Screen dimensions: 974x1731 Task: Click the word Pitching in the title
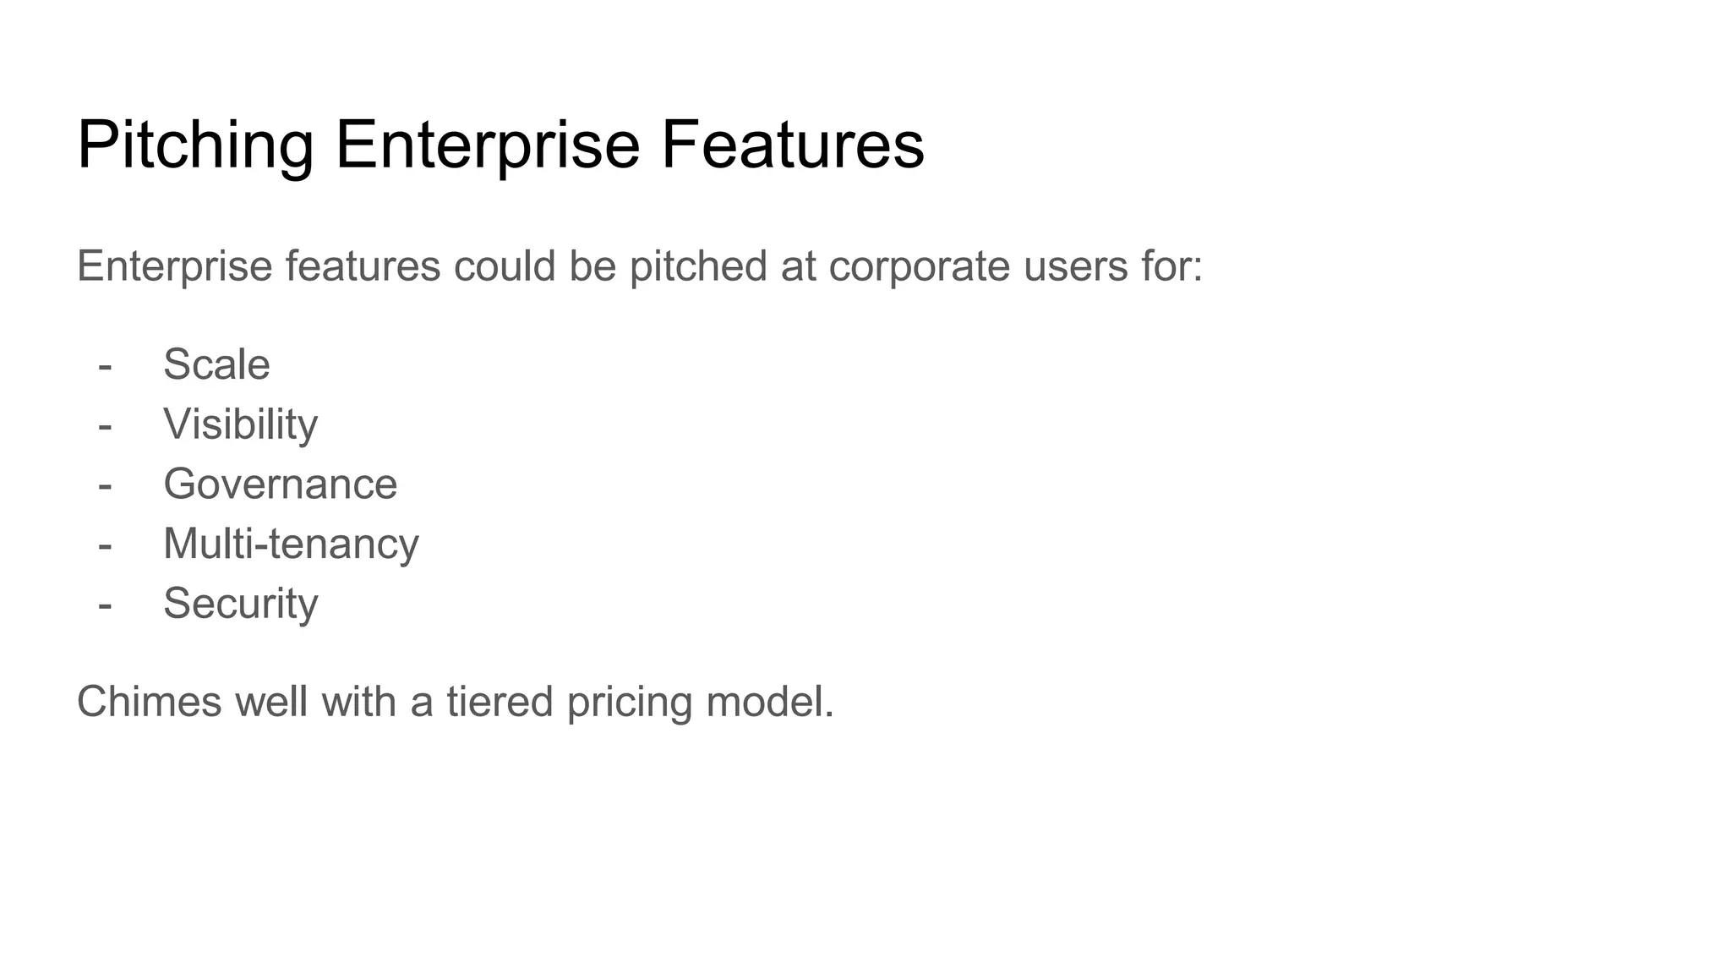195,145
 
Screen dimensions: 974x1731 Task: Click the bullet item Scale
216,364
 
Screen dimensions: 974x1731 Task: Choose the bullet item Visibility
240,424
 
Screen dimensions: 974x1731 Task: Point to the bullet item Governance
280,484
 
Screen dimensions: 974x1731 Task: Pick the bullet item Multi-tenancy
291,543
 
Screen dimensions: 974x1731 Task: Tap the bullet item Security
240,603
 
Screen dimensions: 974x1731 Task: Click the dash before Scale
105,366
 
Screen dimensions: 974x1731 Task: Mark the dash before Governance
105,485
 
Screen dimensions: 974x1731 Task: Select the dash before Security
105,605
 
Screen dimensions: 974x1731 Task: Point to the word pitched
698,267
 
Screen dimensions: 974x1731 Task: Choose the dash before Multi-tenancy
105,544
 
